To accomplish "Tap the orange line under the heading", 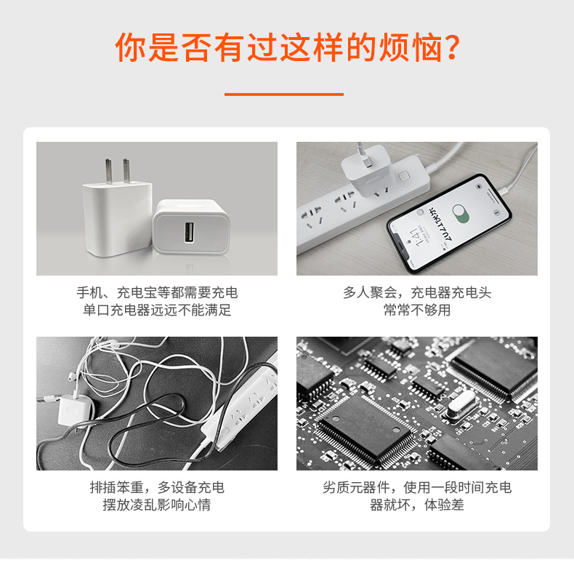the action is [x=284, y=94].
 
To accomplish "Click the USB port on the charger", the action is [x=189, y=232].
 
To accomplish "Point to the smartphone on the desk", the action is [x=449, y=224].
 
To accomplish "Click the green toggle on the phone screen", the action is [x=461, y=214].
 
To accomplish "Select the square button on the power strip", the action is [x=404, y=175].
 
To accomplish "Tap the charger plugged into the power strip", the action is [x=367, y=169].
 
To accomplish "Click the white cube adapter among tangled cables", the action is [x=75, y=410].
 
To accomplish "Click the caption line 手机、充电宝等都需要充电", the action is [x=157, y=292].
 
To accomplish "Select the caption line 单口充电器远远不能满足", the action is [x=157, y=310].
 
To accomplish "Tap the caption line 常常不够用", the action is [x=417, y=310].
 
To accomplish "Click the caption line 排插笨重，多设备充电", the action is [x=157, y=487].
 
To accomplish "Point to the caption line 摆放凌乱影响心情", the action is [x=157, y=505].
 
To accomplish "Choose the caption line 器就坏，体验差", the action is [x=417, y=505].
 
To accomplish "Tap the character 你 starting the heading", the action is [x=131, y=47].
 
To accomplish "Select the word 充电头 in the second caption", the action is [x=471, y=292].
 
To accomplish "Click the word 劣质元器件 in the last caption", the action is [x=356, y=487].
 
